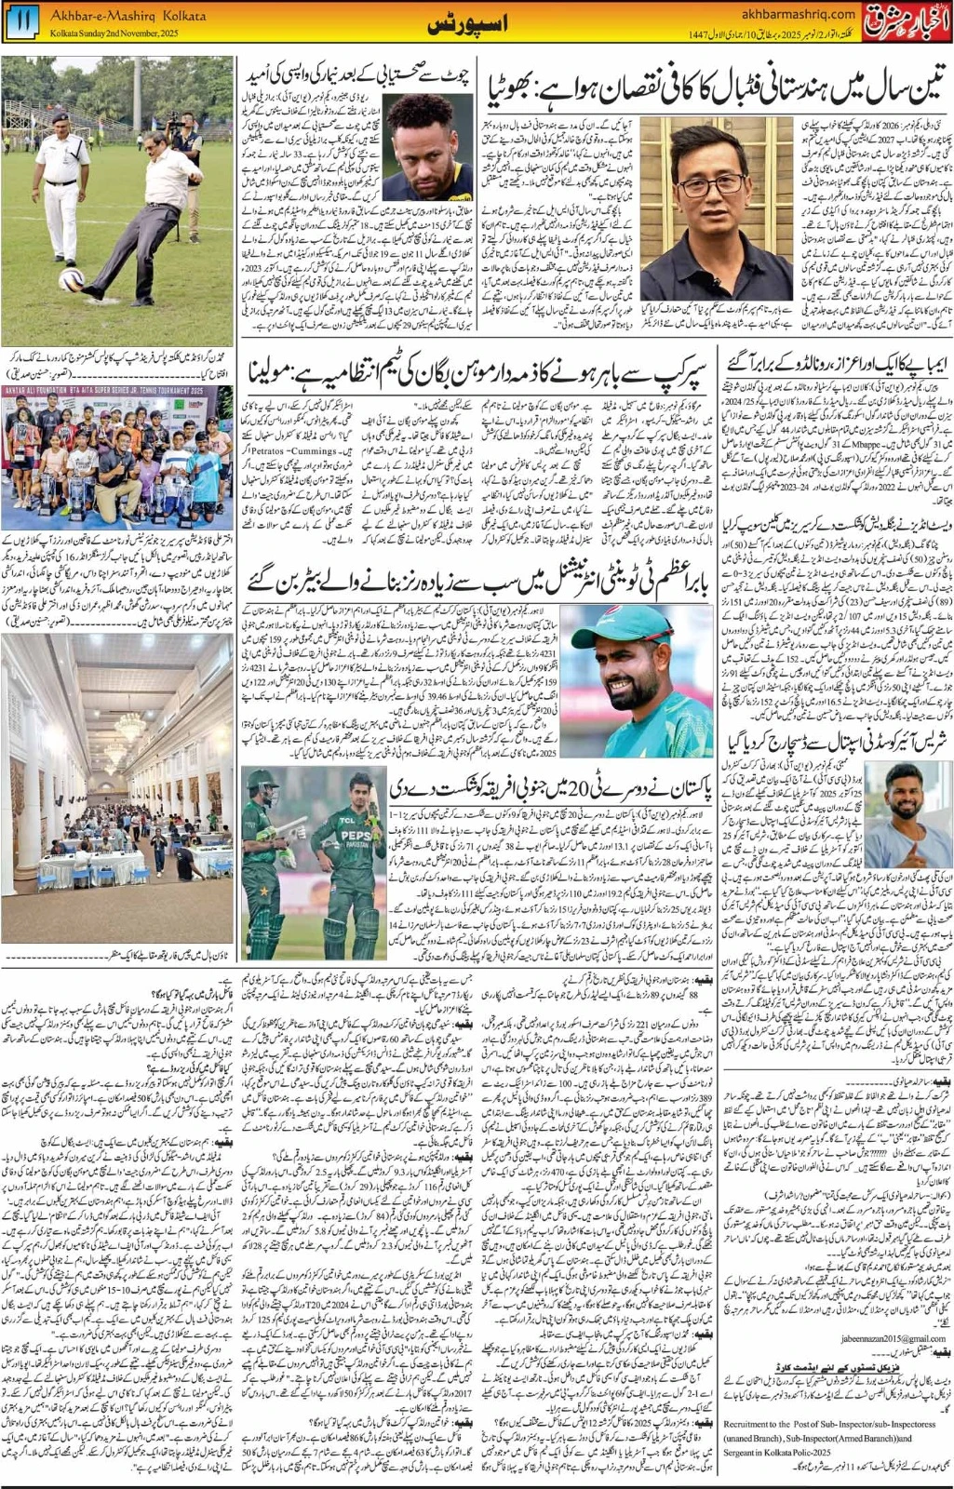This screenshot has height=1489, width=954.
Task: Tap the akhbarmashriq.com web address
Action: [x=800, y=13]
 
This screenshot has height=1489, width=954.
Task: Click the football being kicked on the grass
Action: [x=72, y=279]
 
